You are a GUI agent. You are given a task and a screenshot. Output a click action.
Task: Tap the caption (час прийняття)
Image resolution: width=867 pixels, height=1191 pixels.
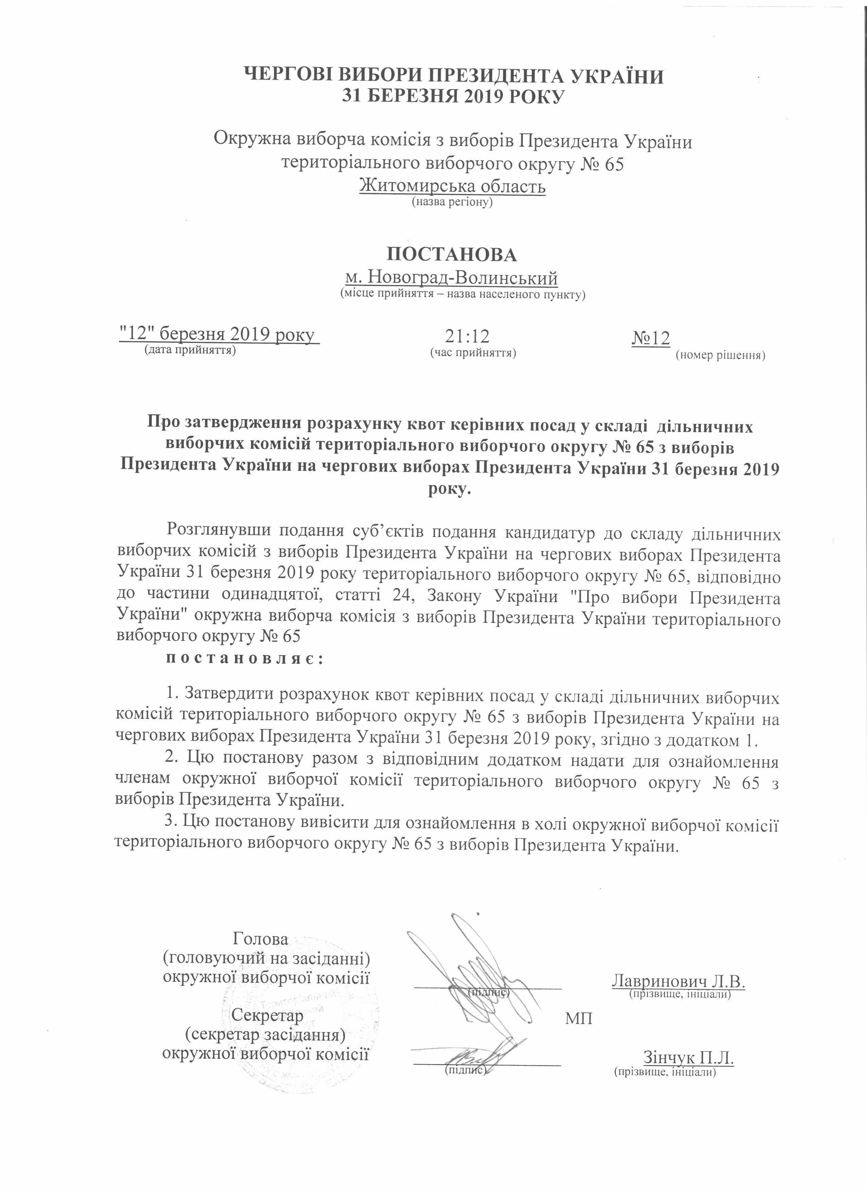(473, 352)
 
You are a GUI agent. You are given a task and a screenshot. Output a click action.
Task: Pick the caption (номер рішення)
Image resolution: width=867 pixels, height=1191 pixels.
(720, 355)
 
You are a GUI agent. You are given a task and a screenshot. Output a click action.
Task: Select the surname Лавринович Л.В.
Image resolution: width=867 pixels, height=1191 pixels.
(679, 981)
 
